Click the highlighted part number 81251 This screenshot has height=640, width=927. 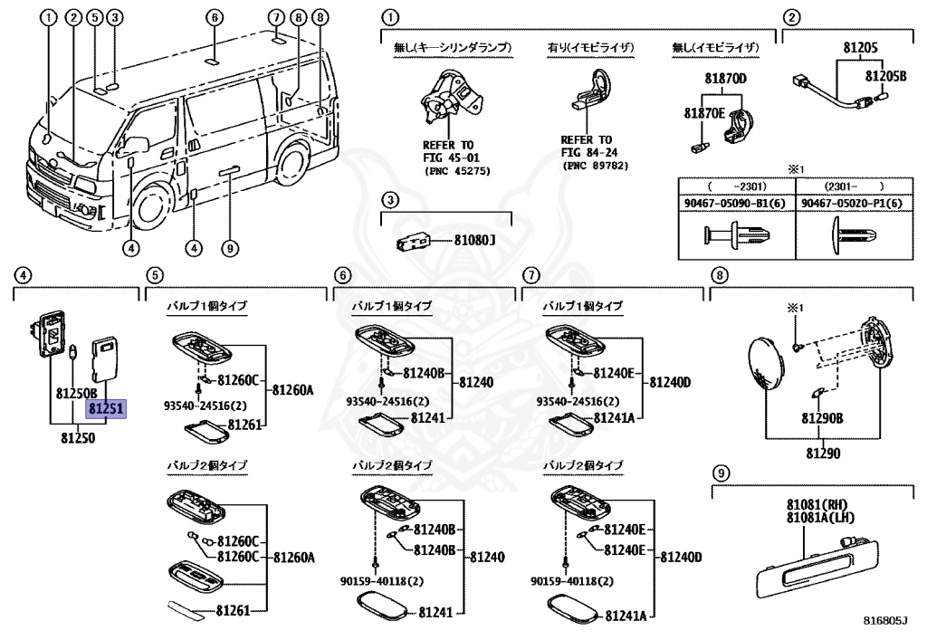[x=106, y=408]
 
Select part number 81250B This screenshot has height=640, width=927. [x=77, y=393]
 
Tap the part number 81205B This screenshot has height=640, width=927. [x=885, y=76]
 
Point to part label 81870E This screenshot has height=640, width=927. [x=704, y=113]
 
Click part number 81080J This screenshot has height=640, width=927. [x=474, y=241]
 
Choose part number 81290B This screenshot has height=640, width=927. [x=822, y=418]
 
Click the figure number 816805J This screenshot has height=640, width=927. [x=885, y=620]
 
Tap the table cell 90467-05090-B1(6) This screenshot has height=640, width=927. [x=735, y=204]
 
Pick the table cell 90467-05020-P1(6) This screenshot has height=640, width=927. [x=852, y=204]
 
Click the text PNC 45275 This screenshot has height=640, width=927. [x=457, y=171]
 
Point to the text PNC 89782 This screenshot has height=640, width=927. [x=596, y=166]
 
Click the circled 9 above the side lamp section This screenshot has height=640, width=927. [x=721, y=473]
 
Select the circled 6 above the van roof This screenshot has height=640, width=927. [x=215, y=17]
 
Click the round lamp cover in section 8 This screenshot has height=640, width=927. [x=767, y=362]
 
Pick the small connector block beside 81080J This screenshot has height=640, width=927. [x=413, y=241]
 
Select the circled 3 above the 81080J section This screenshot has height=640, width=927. [x=389, y=200]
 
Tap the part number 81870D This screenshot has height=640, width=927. [x=725, y=78]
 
